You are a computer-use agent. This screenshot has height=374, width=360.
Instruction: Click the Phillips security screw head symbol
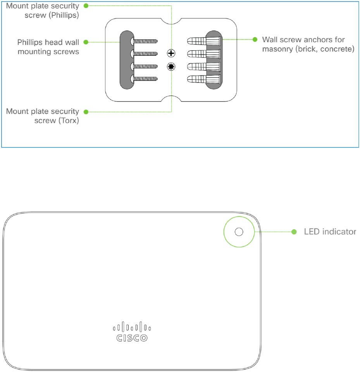[x=171, y=53]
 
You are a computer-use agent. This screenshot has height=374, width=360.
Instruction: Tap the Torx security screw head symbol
[x=171, y=67]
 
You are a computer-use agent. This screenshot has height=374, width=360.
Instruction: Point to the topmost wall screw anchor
[x=204, y=40]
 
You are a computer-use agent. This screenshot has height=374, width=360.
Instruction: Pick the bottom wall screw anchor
[x=204, y=79]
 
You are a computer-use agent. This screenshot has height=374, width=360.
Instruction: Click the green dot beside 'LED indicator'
[x=294, y=232]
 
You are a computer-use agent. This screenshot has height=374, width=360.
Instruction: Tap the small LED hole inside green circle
[x=239, y=232]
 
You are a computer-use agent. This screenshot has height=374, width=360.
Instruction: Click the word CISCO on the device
[x=132, y=338]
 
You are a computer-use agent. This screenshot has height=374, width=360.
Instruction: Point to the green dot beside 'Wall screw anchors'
[x=255, y=39]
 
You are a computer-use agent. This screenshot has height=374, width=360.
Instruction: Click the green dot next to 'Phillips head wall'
[x=86, y=41]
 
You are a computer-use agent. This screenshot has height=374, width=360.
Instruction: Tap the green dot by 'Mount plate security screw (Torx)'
[x=86, y=112]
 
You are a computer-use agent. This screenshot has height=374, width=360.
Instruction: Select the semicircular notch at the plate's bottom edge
[x=171, y=99]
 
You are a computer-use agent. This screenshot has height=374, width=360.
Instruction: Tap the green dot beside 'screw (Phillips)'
[x=86, y=5]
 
